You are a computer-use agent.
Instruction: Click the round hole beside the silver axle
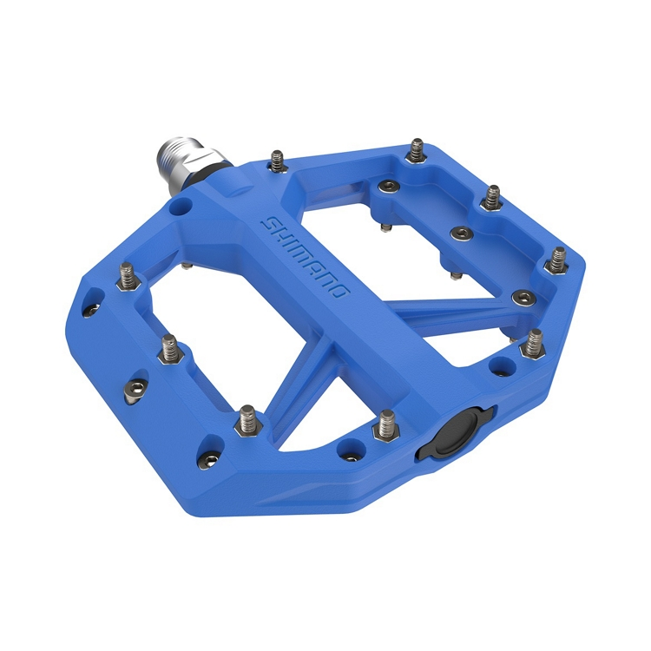point(180,208)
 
